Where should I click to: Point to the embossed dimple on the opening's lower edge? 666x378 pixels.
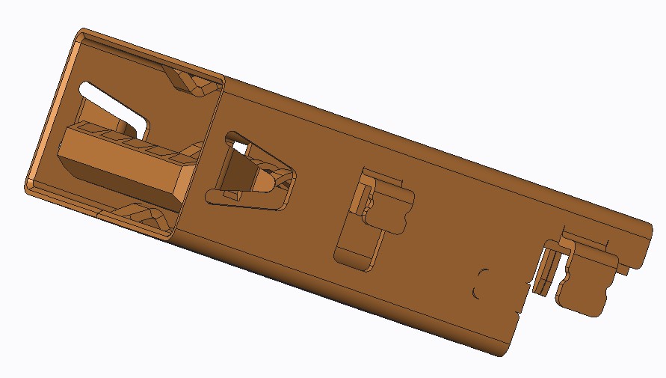coord(146,218)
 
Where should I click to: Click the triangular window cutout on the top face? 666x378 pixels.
coord(250,171)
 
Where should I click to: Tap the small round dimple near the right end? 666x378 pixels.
coord(481,282)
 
